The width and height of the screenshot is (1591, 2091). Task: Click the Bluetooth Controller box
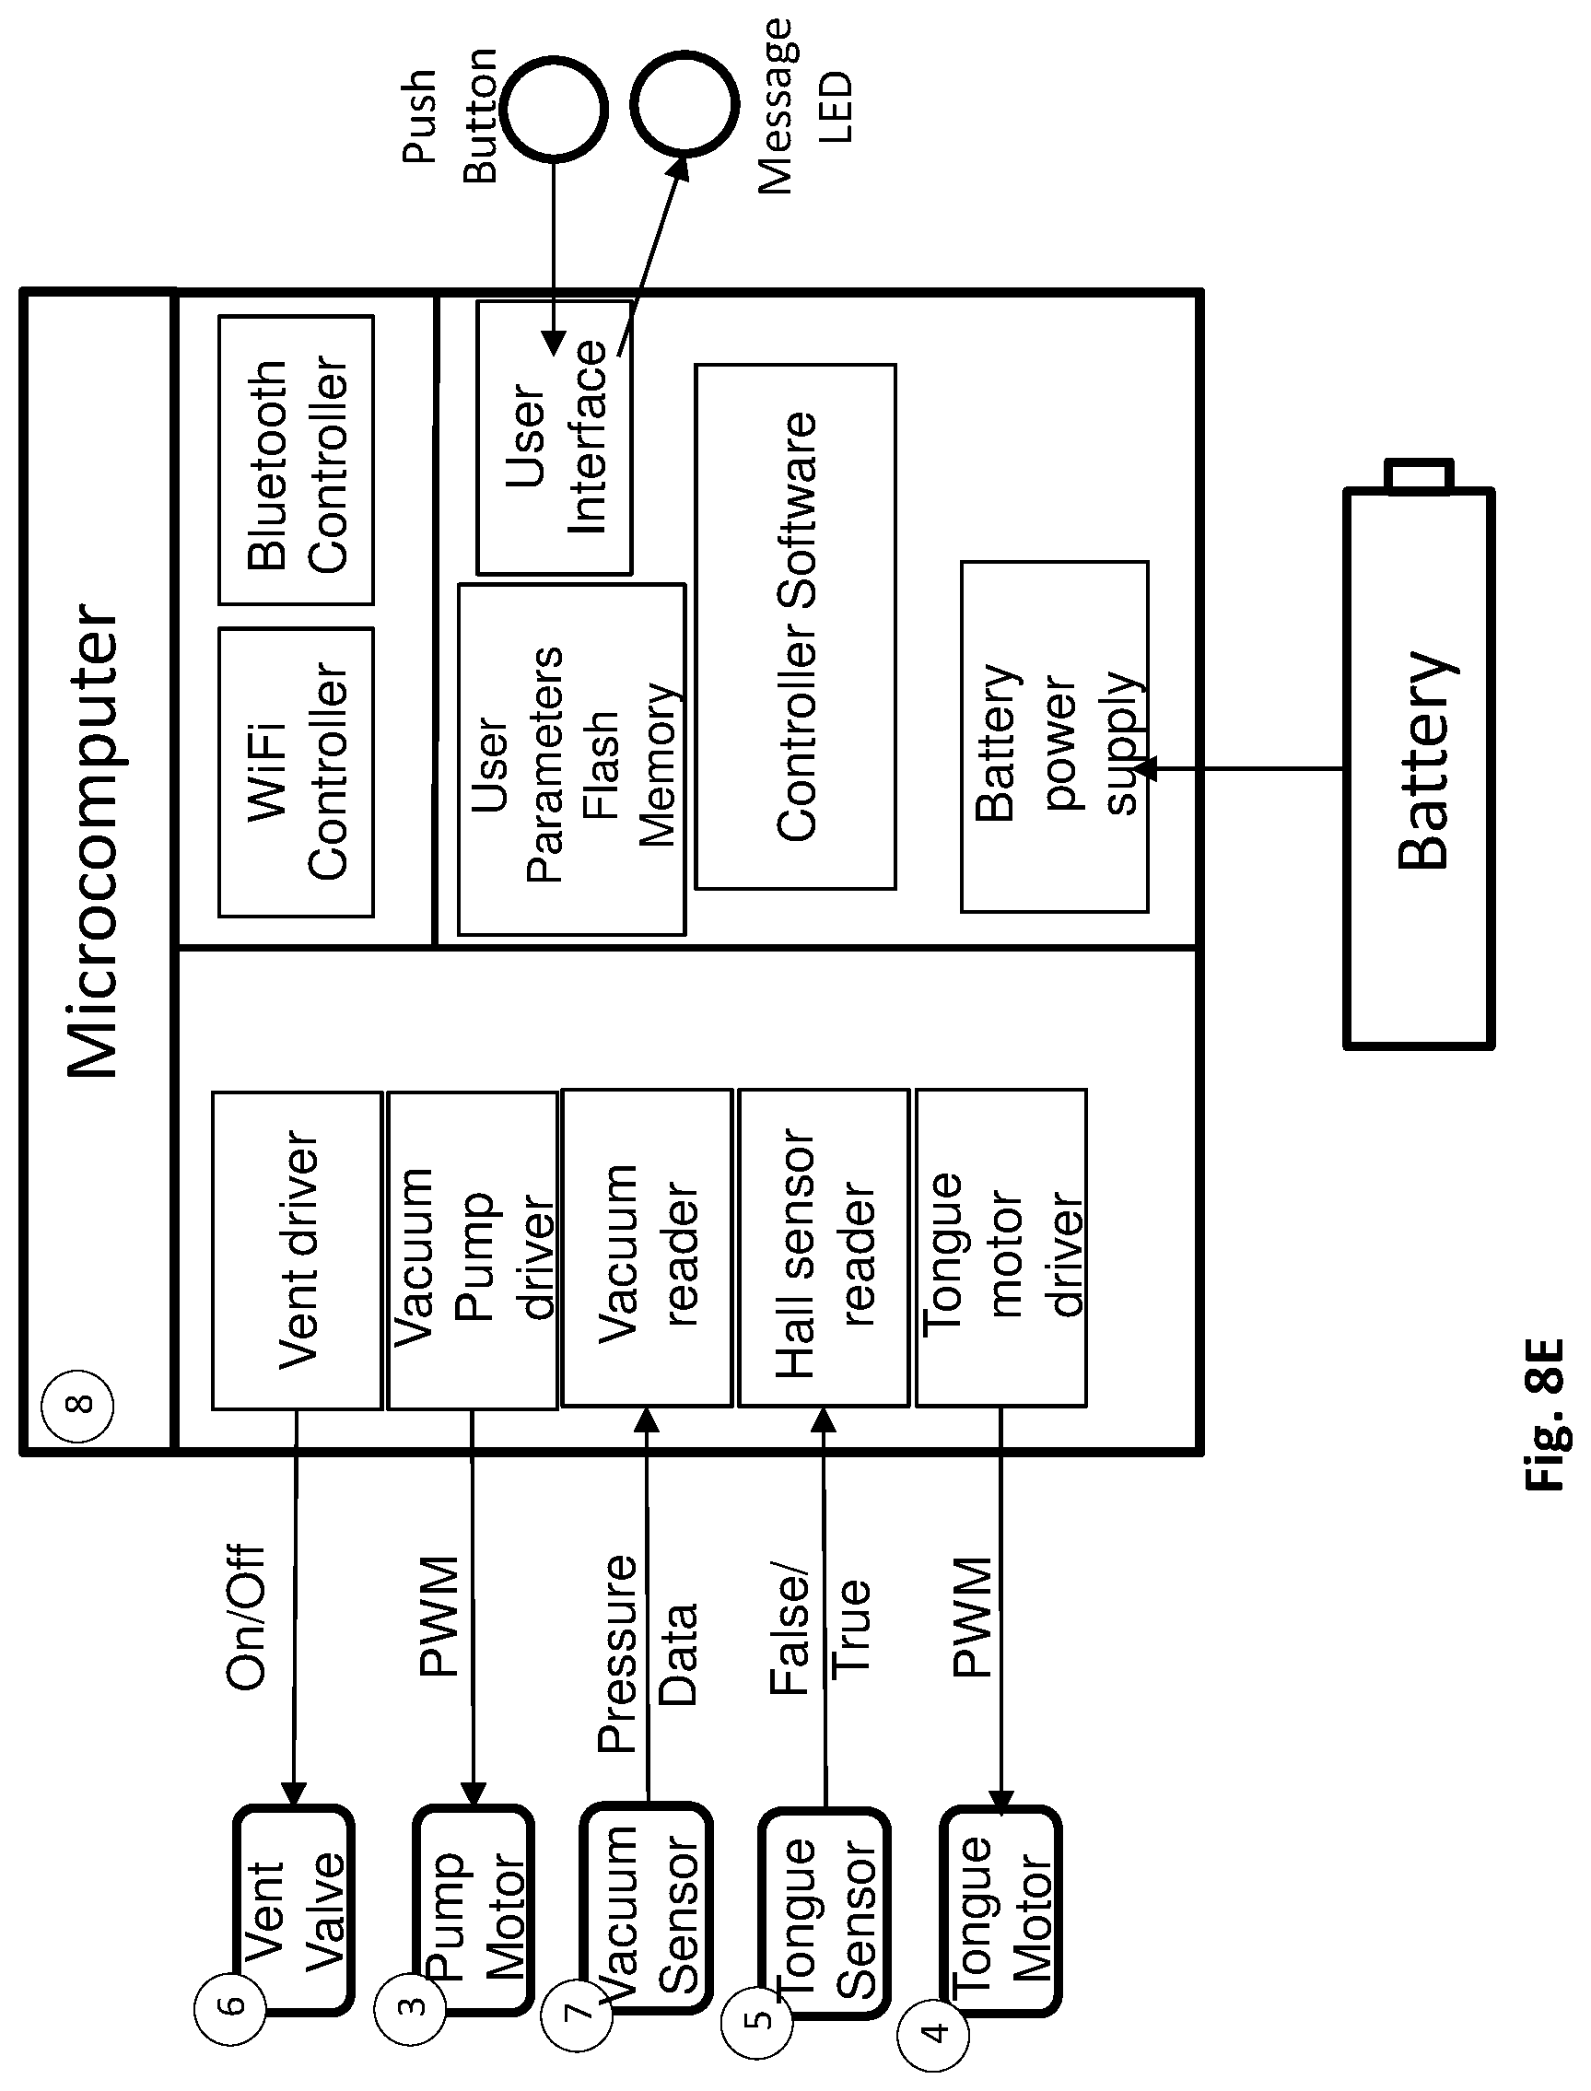tap(297, 461)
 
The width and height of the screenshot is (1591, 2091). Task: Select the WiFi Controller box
tap(297, 772)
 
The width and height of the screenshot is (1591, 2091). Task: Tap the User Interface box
tap(554, 438)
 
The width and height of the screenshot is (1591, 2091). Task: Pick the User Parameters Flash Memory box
tap(572, 760)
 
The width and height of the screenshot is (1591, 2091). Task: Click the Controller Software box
tap(796, 627)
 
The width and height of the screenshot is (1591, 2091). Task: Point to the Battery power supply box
tap(1055, 737)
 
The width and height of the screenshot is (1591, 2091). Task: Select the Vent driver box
tap(298, 1250)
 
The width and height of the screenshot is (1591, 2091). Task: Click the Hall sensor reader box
tap(824, 1248)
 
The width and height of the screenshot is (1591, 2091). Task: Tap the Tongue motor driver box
tap(1001, 1248)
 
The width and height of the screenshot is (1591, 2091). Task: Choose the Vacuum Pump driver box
tap(473, 1250)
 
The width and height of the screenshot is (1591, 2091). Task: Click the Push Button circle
tap(553, 109)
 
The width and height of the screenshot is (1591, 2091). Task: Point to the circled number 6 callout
tap(230, 2004)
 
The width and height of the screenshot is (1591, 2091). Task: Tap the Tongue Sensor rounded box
tap(825, 1912)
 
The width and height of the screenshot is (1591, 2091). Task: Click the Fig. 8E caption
tap(1548, 1415)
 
